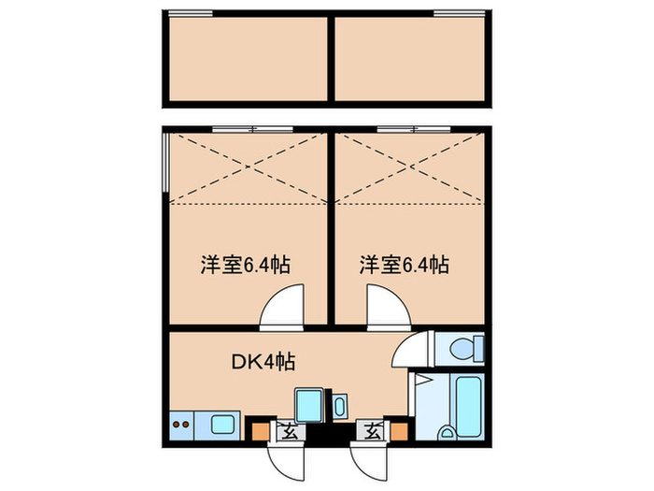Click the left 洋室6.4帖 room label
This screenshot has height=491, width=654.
tap(245, 264)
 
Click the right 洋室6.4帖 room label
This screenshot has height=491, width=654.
tap(405, 264)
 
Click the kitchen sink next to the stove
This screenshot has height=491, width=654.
tap(224, 424)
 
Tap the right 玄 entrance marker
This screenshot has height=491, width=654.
tap(371, 431)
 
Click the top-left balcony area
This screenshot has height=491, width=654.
tap(248, 58)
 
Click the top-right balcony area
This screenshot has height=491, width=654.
tap(411, 58)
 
